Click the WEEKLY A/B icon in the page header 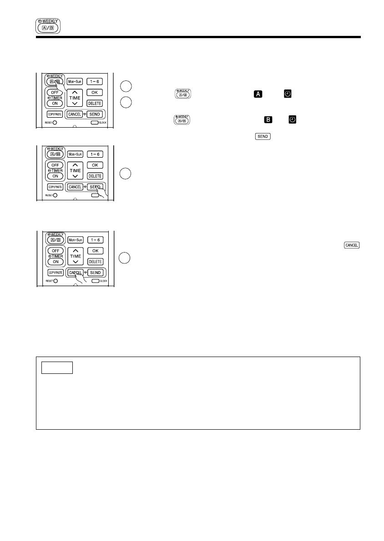[48, 26]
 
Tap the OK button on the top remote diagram [95, 92]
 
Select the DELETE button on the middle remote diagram [95, 176]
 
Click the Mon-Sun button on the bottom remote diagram [75, 239]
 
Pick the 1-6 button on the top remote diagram [95, 81]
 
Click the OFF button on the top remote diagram [55, 93]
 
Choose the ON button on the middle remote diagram [55, 176]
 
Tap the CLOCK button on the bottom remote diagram [94, 281]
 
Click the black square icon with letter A [258, 94]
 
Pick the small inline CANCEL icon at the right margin [352, 245]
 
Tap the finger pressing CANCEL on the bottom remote [81, 278]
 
